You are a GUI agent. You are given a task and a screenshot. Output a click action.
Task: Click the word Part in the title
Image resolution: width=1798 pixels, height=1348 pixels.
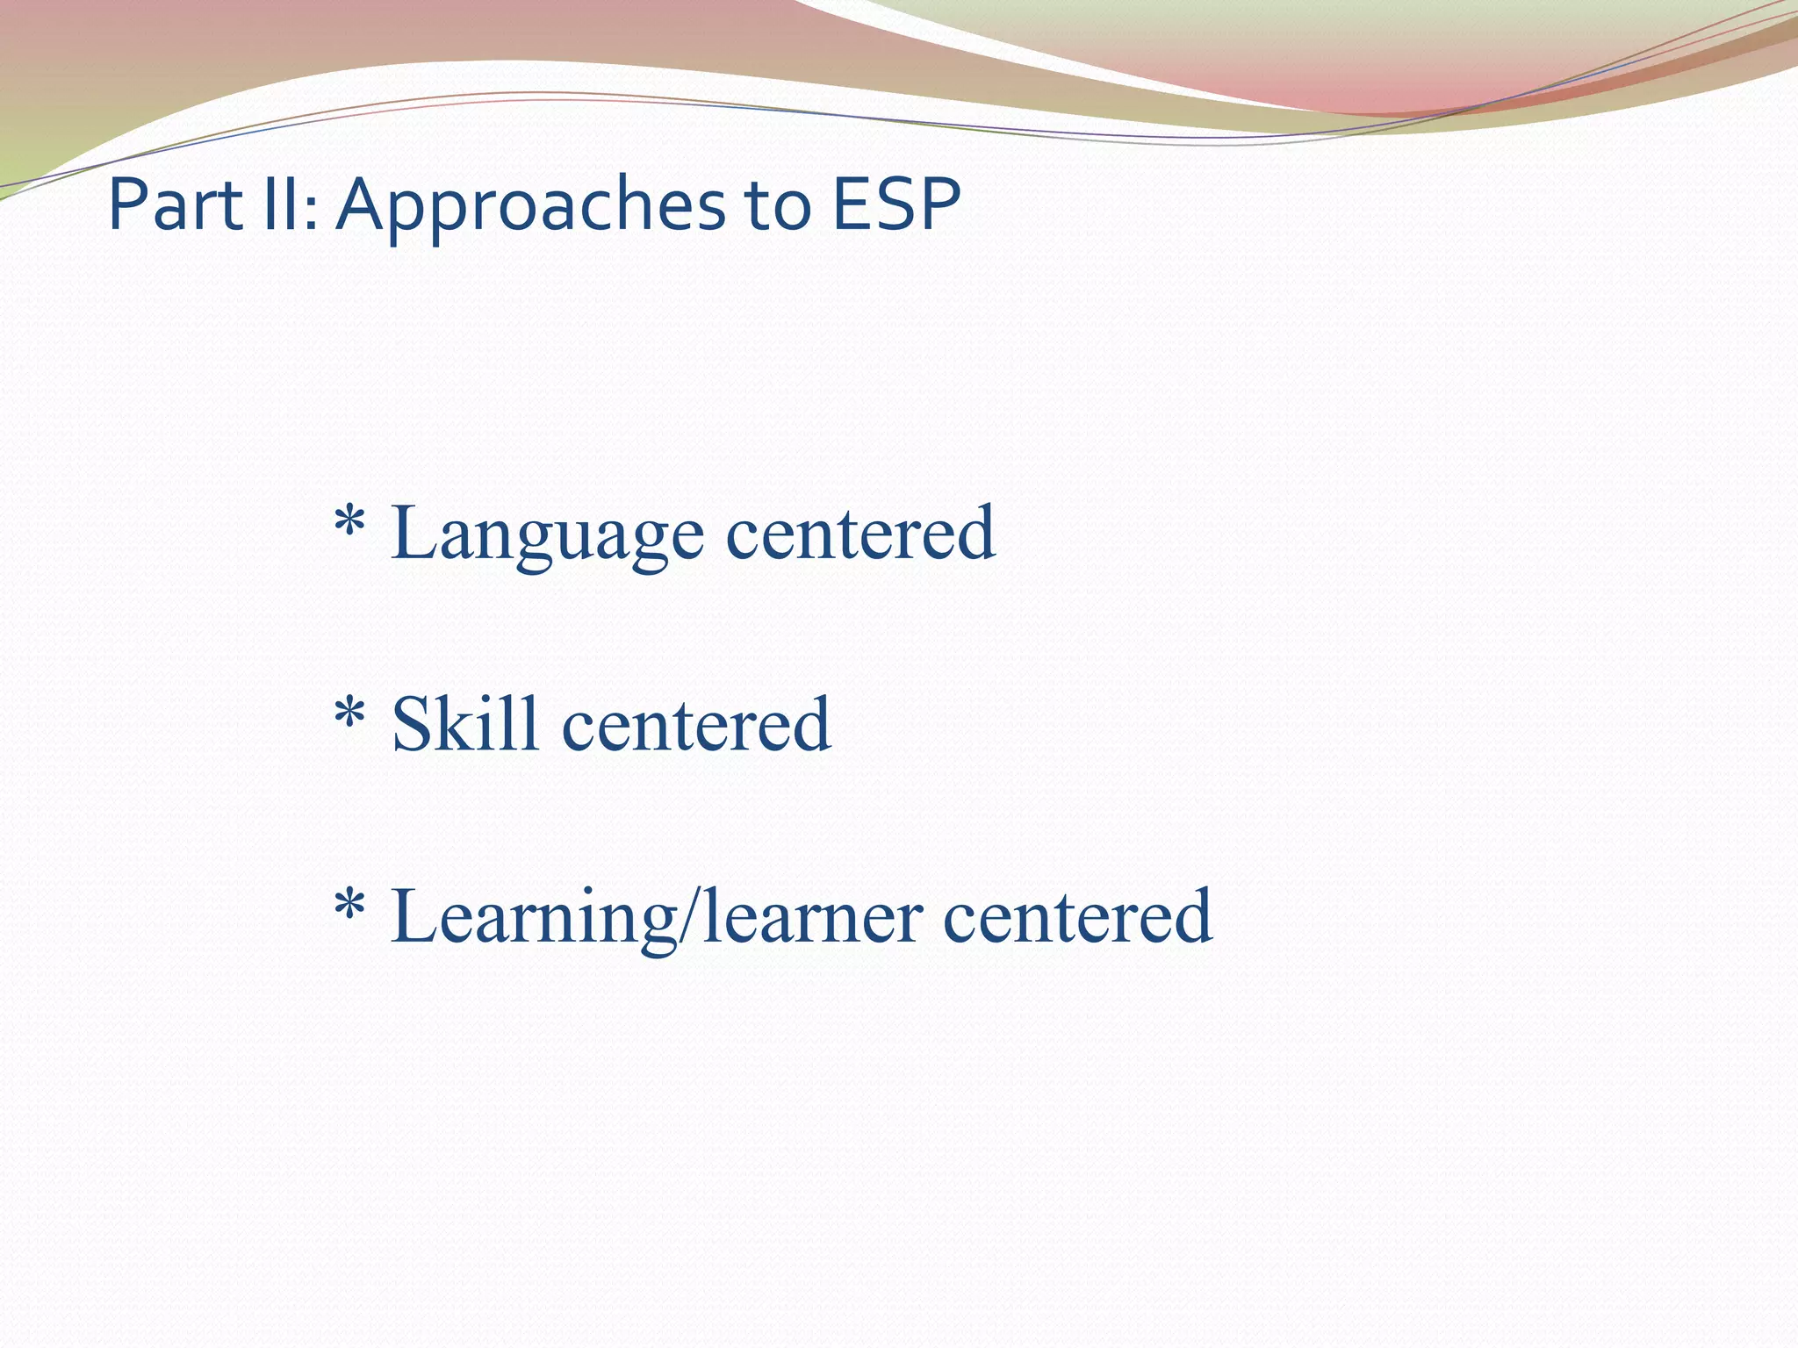pos(175,204)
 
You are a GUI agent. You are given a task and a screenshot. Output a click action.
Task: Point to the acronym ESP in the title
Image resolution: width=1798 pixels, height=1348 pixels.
pos(895,204)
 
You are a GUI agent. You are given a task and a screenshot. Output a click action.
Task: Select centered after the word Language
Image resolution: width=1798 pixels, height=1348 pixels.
pos(860,534)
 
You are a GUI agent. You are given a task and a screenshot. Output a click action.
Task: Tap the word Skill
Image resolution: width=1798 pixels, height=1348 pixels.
pos(464,725)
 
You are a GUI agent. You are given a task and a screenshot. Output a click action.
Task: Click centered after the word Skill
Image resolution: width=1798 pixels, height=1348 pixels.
pos(695,725)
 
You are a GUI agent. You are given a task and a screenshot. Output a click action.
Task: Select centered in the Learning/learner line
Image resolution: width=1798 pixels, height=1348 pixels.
pos(1077,917)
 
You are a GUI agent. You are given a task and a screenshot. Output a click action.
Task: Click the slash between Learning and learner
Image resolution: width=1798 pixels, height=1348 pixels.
pos(690,917)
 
